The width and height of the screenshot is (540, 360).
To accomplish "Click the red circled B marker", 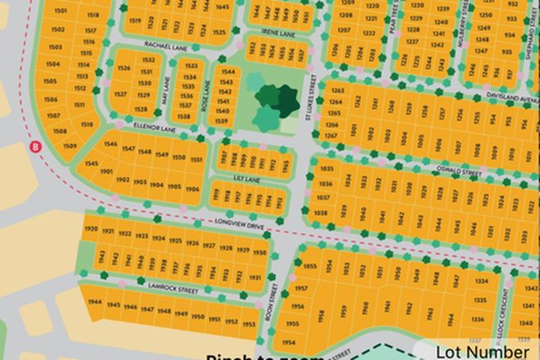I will [35, 146].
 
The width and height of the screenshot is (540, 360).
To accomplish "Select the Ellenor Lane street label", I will [134, 129].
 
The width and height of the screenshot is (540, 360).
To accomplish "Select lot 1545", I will [92, 164].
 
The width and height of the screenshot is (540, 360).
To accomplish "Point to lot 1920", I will [91, 230].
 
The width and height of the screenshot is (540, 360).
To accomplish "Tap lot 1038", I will [321, 213].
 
